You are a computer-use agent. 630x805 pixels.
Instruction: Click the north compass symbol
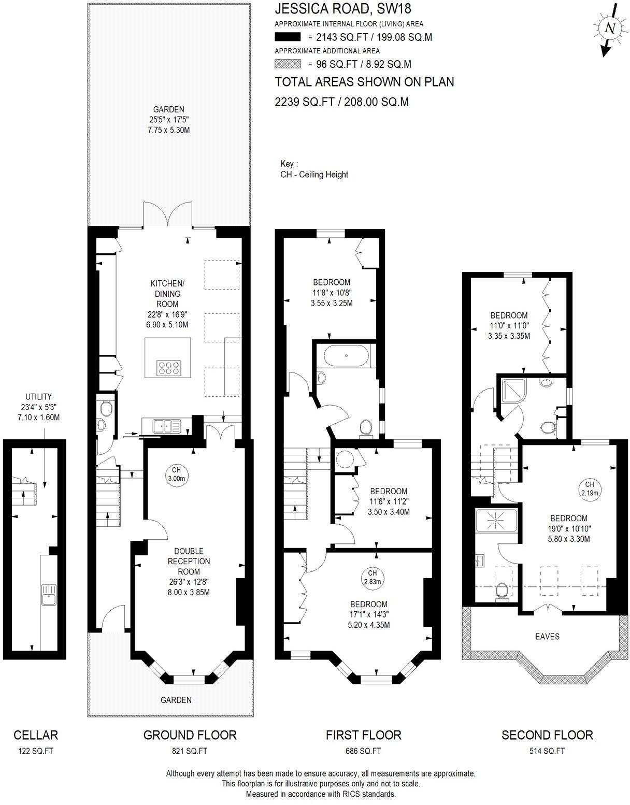tap(610, 30)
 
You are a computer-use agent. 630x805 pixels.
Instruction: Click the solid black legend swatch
tap(288, 37)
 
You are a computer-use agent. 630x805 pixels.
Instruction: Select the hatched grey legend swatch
tap(288, 64)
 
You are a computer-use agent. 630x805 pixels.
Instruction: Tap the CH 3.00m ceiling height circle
tap(176, 475)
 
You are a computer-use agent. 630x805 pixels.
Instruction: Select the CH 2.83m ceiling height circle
tap(372, 577)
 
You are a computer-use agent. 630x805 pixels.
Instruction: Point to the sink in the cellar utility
tap(49, 593)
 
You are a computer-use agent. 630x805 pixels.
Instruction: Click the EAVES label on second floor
tap(547, 636)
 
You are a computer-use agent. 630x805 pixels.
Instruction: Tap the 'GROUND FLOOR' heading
tap(190, 735)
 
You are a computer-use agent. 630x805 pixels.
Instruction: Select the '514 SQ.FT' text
tap(547, 751)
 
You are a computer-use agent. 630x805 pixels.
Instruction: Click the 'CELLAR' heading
tap(36, 735)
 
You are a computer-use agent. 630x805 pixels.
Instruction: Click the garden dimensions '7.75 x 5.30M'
tap(168, 130)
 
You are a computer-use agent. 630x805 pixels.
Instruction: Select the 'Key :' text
tap(289, 164)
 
